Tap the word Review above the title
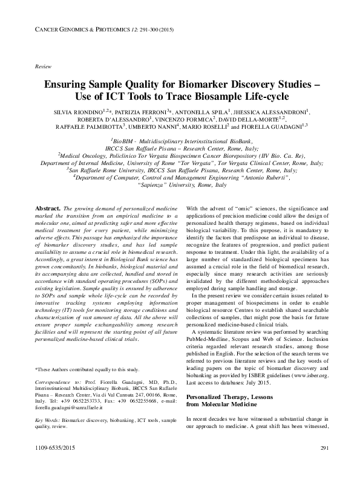tap(44, 65)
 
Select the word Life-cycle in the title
tap(263, 97)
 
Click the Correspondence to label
tap(56, 383)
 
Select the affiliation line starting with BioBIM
tap(180, 139)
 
